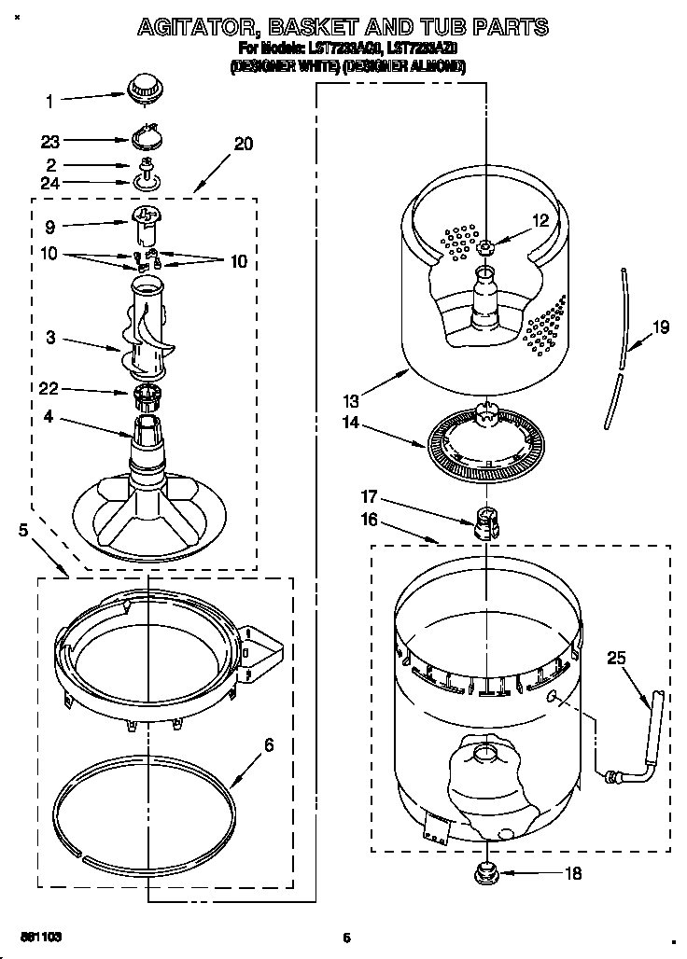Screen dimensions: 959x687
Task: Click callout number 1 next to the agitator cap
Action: click(50, 100)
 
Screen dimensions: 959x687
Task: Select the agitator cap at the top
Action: click(145, 88)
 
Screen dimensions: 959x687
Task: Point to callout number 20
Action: click(243, 144)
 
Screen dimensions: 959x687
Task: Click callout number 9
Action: click(50, 226)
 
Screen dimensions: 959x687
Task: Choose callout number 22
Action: click(50, 389)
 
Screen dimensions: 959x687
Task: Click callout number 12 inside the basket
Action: click(540, 221)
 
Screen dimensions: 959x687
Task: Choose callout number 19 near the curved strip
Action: click(661, 327)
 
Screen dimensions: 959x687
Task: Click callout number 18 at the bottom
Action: click(573, 874)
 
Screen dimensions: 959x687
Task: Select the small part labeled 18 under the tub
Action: click(486, 873)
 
